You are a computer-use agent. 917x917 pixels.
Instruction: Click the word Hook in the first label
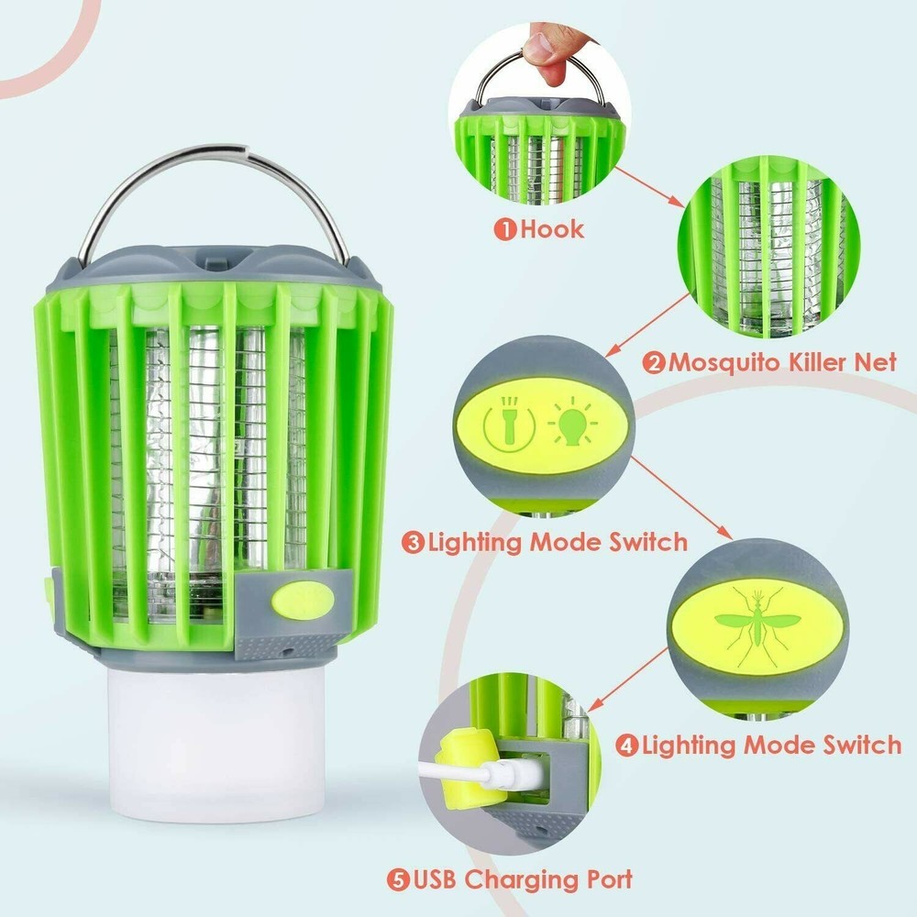552,228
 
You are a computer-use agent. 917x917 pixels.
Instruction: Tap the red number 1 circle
505,229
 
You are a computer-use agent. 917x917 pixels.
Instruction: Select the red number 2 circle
655,362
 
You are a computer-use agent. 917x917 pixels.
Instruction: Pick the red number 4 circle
627,745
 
